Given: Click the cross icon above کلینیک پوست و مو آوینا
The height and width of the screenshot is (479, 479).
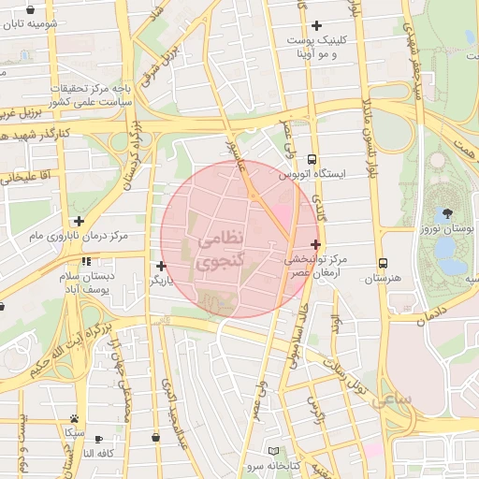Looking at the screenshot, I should tap(317, 25).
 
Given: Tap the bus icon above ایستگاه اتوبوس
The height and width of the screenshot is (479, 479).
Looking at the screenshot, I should tap(312, 159).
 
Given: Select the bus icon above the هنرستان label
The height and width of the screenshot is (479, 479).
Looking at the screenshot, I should tap(383, 264).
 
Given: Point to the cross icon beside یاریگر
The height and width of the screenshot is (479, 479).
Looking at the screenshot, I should tap(162, 266).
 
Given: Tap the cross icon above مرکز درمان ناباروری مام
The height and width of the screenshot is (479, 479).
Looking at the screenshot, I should tap(80, 222).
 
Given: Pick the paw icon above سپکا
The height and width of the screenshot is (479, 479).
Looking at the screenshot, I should tap(74, 419).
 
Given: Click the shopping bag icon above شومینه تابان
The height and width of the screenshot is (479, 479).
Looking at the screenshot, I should tap(26, 7).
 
